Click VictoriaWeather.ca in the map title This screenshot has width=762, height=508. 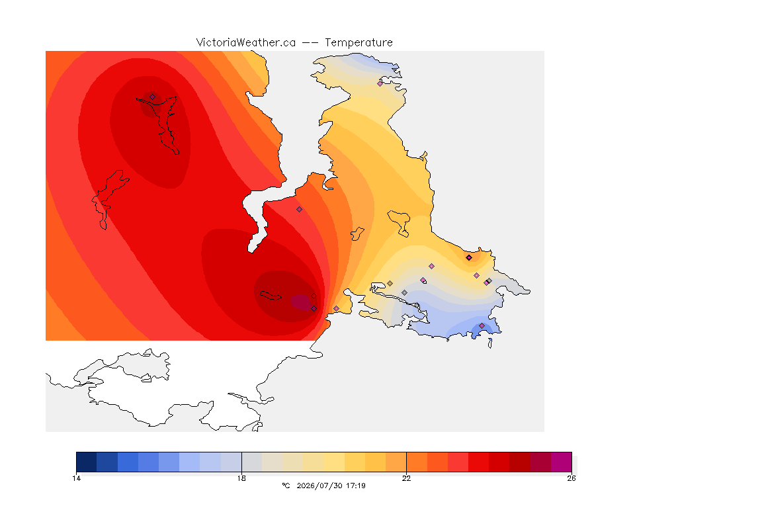[x=246, y=43]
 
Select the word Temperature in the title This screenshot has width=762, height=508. [x=359, y=43]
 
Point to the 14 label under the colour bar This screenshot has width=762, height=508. [x=76, y=478]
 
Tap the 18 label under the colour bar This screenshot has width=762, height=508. [x=241, y=478]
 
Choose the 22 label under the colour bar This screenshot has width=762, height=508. [x=406, y=478]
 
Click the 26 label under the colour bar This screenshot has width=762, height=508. [x=571, y=478]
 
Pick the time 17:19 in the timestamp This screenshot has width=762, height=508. [x=356, y=486]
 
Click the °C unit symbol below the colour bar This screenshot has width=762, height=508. [x=286, y=486]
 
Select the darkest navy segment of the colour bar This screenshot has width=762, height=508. [x=87, y=462]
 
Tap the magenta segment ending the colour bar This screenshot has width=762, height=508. [x=562, y=462]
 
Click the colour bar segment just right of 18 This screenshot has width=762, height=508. [x=252, y=462]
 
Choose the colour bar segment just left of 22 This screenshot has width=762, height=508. [x=396, y=462]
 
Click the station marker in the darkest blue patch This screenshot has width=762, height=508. [x=482, y=325]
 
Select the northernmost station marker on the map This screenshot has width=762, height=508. [x=380, y=83]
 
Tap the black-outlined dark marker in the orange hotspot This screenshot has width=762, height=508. [x=468, y=258]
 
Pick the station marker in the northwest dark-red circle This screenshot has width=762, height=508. [x=153, y=97]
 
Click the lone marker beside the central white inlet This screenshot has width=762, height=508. [x=300, y=210]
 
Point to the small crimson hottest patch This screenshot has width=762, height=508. [x=302, y=302]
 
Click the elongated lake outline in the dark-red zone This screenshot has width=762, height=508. [x=271, y=296]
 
